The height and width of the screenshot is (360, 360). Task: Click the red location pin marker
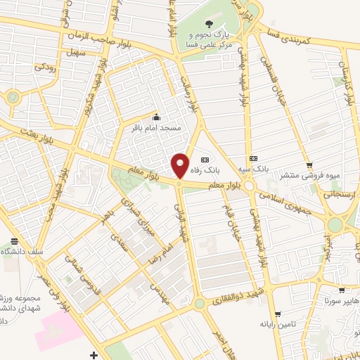(x=180, y=165)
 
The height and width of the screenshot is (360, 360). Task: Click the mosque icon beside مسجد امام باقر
(x=156, y=117)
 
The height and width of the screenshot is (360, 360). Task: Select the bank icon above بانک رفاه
(x=205, y=159)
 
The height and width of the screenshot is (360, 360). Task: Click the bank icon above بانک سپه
(x=254, y=159)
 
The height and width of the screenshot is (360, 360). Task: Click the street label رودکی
(x=46, y=67)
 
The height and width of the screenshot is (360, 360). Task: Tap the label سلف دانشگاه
(x=21, y=251)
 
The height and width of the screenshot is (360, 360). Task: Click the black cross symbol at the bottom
(x=94, y=354)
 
